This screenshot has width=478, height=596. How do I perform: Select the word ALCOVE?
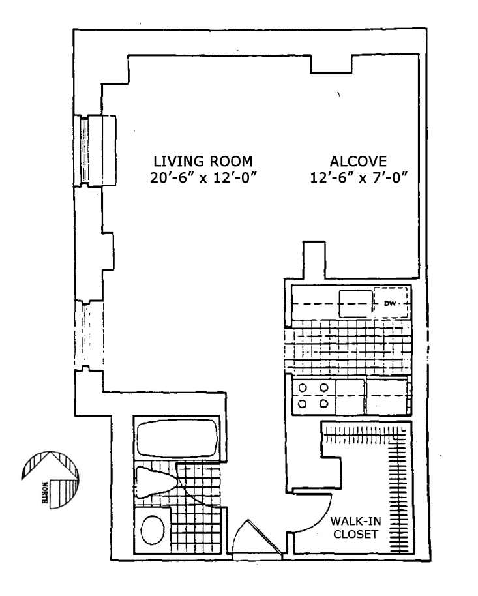point(359,161)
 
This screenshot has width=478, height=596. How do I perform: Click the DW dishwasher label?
point(391,303)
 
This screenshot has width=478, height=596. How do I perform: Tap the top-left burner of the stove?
point(303,389)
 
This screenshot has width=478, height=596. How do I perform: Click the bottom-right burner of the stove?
point(323,403)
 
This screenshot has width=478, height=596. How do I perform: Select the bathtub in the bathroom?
point(177,438)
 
